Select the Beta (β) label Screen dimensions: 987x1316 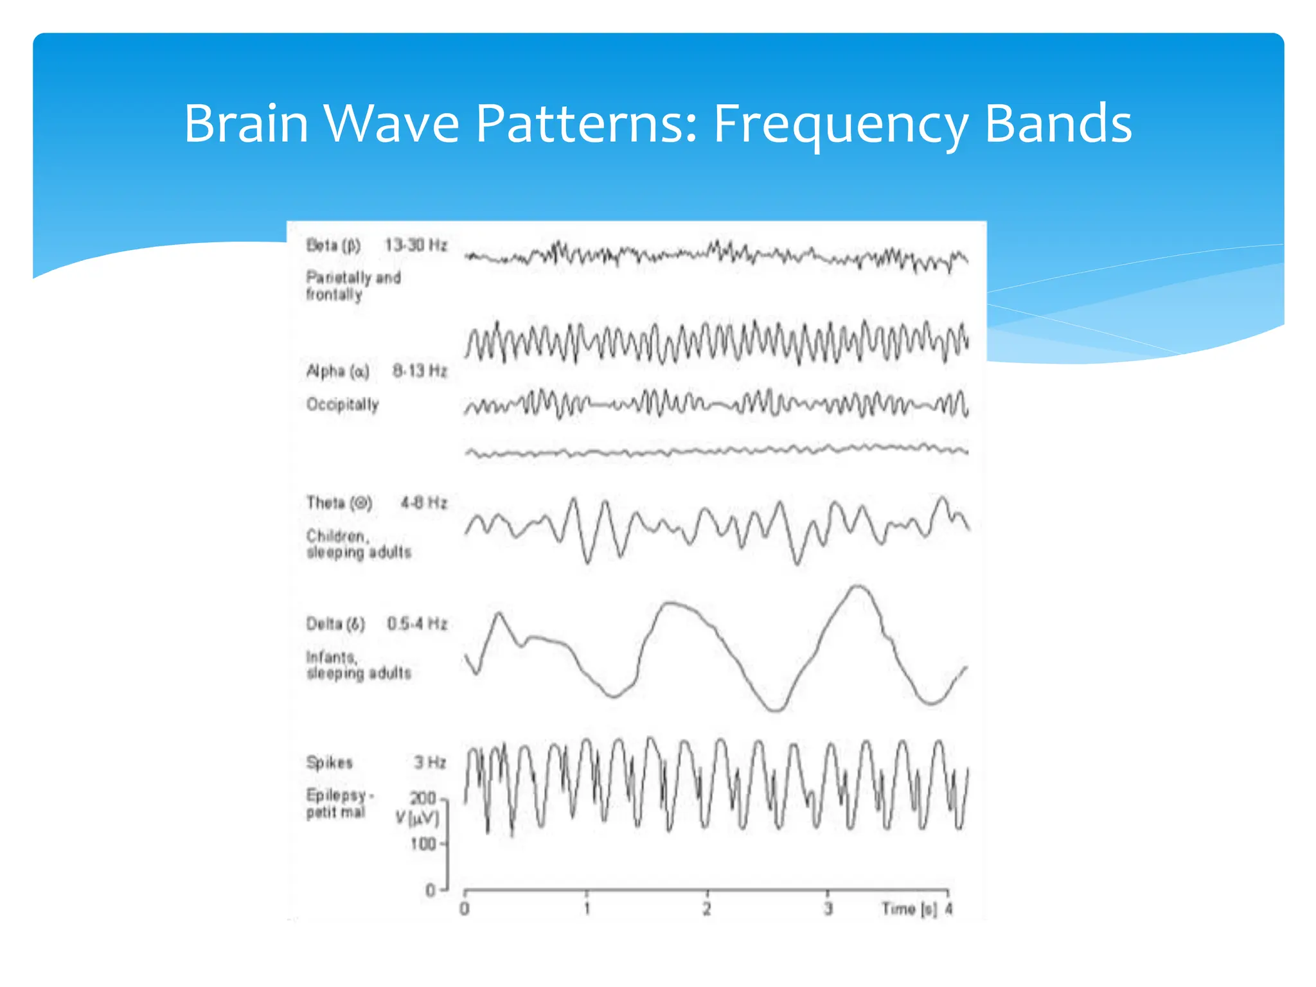click(x=333, y=245)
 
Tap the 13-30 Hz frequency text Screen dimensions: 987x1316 click(x=415, y=245)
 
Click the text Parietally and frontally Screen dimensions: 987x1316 click(x=353, y=286)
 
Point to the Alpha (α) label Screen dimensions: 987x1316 click(x=337, y=371)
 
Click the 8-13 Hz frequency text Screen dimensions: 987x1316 click(x=419, y=371)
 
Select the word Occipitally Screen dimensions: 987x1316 click(x=342, y=405)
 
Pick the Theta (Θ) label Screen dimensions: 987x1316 click(x=339, y=502)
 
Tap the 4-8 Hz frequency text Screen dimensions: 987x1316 click(x=423, y=502)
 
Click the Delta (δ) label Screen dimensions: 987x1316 click(x=335, y=624)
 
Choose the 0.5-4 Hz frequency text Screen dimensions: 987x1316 click(x=416, y=624)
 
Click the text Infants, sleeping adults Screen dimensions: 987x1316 click(x=358, y=665)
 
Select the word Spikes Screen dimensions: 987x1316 click(x=329, y=763)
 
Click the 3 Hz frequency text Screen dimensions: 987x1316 click(x=429, y=763)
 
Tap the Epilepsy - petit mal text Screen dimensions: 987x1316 click(x=339, y=804)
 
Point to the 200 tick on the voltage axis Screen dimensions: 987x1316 click(x=423, y=798)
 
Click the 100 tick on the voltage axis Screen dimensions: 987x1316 click(x=423, y=844)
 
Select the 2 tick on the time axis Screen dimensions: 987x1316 click(x=707, y=909)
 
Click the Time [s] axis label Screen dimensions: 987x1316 click(x=909, y=909)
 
